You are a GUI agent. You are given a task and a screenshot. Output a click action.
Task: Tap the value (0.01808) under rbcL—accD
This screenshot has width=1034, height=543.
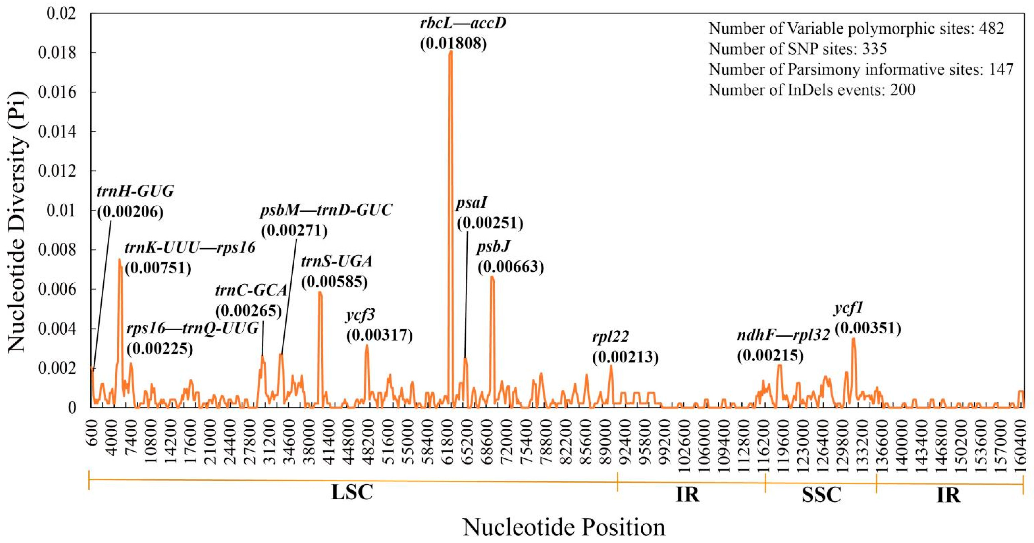pos(453,43)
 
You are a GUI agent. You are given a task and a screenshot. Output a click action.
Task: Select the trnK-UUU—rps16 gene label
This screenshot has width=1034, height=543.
pos(190,248)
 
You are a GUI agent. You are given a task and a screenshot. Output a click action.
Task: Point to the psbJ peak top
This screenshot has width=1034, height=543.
pos(492,277)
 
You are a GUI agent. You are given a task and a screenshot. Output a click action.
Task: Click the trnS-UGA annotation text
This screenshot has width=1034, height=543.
pos(337,261)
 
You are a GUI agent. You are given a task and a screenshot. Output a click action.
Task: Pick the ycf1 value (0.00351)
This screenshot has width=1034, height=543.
pos(868,328)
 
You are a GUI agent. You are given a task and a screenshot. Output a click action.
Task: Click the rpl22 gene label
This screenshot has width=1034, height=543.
pos(610,336)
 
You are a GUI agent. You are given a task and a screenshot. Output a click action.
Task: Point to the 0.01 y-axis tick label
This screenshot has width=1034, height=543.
pos(61,210)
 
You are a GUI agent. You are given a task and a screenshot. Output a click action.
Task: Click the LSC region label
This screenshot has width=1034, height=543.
pos(352,493)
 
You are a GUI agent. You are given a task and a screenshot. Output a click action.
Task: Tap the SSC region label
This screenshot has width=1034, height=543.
pos(821,494)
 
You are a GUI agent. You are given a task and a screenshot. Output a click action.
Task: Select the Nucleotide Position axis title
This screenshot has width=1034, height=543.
pos(564,527)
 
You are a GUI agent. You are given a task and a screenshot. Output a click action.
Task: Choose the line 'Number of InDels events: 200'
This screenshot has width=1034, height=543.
pos(812,90)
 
